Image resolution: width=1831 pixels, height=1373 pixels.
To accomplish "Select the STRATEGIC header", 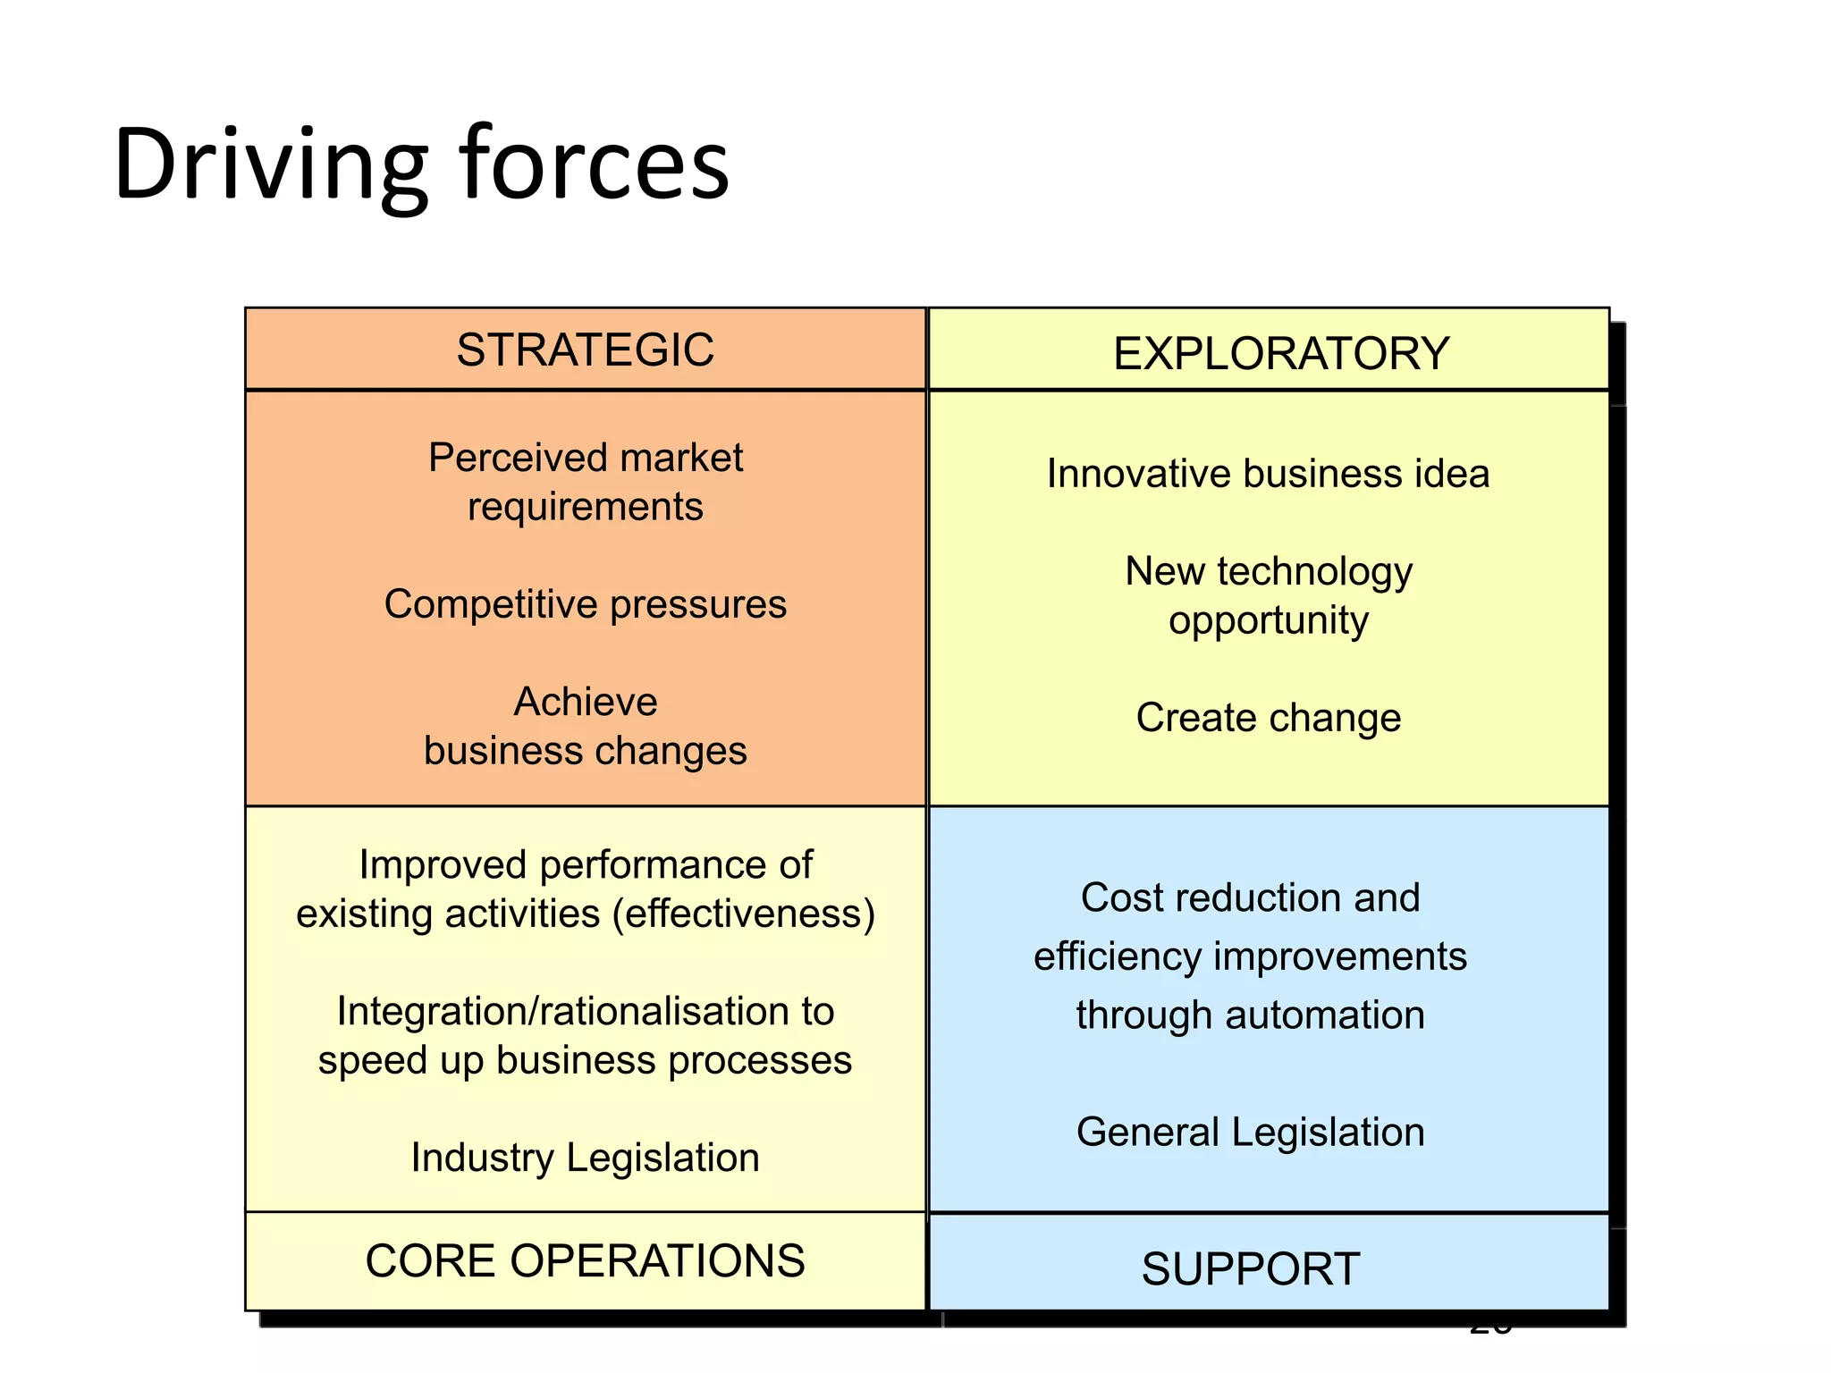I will coord(586,350).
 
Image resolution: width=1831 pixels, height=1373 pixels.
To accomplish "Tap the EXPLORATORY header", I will coord(1280,354).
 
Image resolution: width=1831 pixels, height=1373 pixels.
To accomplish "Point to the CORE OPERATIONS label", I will coord(586,1261).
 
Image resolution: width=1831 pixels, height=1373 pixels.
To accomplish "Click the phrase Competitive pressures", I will coord(586,604).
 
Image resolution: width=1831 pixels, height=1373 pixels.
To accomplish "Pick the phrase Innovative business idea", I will coord(1268,474).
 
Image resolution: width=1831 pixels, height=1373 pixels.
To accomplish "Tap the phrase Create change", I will coord(1268,718).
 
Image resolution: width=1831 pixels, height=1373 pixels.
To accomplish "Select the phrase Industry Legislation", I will coord(586,1158).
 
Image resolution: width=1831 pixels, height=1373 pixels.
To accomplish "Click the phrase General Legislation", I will coord(1250,1133).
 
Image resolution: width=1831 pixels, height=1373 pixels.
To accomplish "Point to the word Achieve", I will coord(586,702).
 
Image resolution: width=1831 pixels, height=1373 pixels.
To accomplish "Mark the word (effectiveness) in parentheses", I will coord(744,914).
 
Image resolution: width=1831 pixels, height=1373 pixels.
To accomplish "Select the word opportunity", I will coord(1268,620).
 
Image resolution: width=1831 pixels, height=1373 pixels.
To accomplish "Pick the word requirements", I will coord(586,507).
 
